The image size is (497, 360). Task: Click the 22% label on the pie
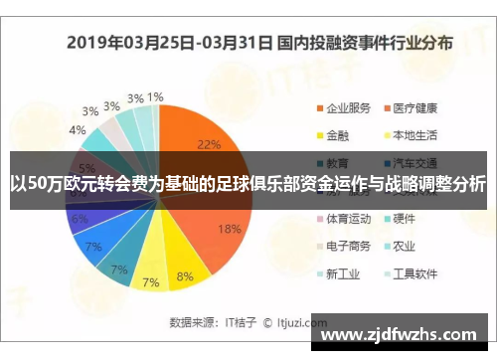point(209,144)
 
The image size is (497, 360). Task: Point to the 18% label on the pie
point(229,229)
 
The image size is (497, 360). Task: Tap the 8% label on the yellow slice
point(185,276)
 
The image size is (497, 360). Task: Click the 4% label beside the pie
point(77,129)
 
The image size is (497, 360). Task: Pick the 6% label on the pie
point(80,219)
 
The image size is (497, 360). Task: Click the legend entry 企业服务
point(348,107)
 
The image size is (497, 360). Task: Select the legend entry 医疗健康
point(415,107)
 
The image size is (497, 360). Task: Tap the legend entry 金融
point(337,134)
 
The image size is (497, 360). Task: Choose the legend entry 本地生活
point(415,134)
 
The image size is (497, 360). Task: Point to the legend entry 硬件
point(405,217)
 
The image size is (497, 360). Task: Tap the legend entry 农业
point(405,245)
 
